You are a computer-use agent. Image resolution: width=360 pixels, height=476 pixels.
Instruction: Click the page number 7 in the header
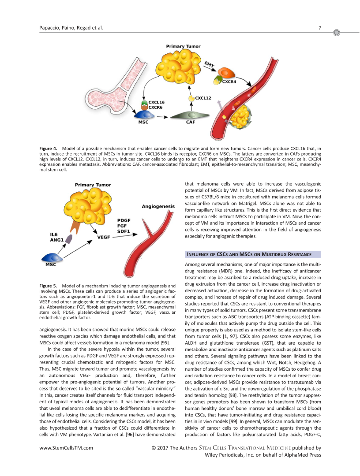tap(319, 29)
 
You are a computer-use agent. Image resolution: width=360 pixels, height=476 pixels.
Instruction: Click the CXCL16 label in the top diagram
tap(156, 102)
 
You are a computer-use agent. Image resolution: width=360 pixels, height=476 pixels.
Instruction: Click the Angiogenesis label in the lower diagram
tap(158, 206)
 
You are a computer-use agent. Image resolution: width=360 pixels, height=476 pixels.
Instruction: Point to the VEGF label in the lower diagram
tap(103, 237)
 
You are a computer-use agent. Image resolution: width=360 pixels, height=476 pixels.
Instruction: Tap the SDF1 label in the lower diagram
tap(124, 231)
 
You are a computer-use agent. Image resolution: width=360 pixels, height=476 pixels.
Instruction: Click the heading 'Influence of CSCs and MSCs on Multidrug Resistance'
tap(249, 254)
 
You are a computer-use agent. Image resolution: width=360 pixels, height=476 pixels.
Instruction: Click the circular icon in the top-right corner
tap(337, 33)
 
